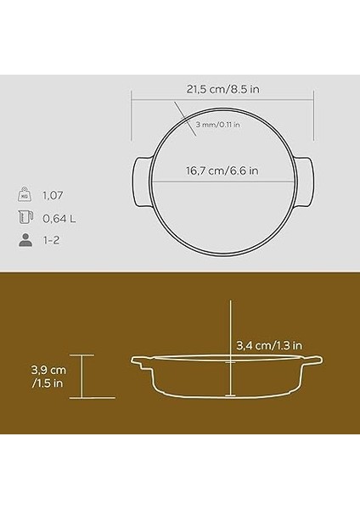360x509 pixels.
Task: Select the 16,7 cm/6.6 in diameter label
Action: click(223, 171)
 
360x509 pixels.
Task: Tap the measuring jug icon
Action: click(25, 217)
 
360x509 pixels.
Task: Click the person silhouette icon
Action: click(25, 241)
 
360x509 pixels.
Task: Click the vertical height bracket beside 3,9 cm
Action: click(82, 376)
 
